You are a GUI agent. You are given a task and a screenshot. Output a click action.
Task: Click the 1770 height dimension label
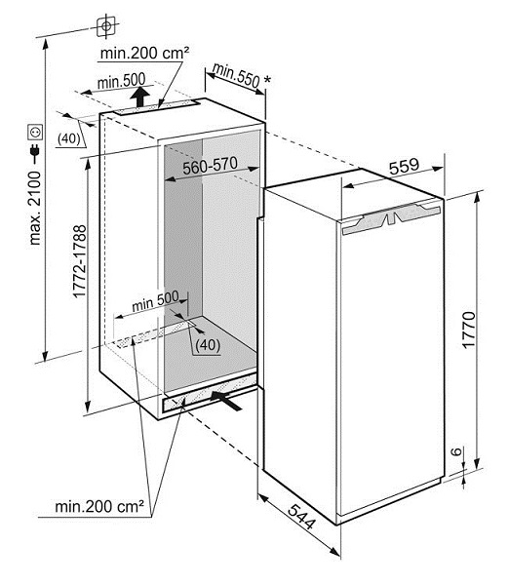pos(469,331)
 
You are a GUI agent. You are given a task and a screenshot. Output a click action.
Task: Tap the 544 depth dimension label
pos(302,517)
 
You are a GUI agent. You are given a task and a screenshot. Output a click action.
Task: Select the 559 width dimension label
pos(404,167)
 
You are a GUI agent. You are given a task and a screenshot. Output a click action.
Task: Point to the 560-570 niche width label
pos(210,166)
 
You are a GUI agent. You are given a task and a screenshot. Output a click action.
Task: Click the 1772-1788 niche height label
pos(80,260)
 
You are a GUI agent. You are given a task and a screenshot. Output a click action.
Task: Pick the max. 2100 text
pos(35,208)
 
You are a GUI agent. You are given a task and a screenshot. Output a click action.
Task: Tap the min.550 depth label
pos(236,76)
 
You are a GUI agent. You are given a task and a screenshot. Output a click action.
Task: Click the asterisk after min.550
pos(267,80)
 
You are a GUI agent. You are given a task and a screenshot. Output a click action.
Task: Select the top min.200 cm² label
pos(144,53)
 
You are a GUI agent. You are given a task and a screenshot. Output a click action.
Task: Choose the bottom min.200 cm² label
pos(99,506)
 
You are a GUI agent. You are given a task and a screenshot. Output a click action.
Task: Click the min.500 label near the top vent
pos(121,81)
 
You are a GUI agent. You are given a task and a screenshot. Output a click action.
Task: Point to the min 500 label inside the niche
pos(155,301)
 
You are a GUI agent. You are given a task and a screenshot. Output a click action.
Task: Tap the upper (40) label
pos(69,138)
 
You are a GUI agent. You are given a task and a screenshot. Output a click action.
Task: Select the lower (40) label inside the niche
pos(208,345)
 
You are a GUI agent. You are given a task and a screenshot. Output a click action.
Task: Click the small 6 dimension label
pos(456,451)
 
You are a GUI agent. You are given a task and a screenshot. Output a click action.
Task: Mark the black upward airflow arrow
pos(140,97)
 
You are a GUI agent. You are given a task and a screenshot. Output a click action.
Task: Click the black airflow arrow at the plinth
pos(226,400)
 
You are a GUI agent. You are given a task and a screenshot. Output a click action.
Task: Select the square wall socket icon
pos(35,132)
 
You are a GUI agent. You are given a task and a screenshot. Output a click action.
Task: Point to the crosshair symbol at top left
pos(106,26)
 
